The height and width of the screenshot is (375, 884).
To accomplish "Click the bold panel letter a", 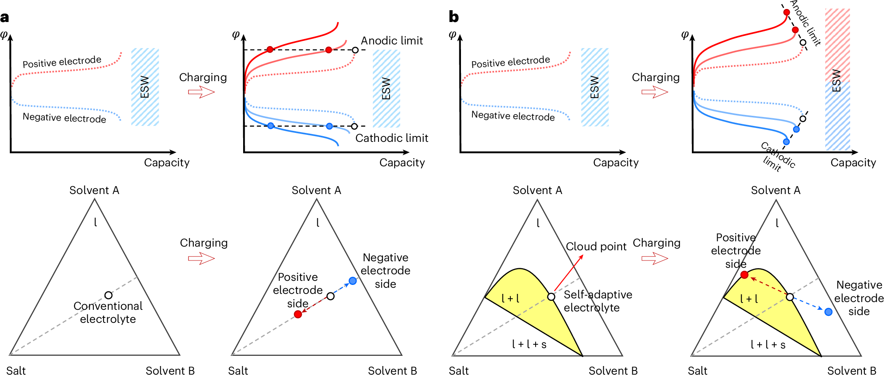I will (5, 18).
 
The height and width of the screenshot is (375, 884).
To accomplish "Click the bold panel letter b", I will (454, 17).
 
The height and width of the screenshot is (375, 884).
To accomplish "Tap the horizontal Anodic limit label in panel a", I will (392, 41).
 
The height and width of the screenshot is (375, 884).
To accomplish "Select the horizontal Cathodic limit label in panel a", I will (392, 138).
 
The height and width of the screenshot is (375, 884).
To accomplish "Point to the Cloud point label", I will (596, 247).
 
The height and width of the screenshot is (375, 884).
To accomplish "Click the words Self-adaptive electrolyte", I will (598, 301).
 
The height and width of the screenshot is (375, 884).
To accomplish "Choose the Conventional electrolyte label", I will (108, 312).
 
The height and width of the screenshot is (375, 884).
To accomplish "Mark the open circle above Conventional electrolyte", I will (108, 295).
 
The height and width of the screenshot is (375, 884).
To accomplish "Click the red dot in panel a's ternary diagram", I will (298, 314).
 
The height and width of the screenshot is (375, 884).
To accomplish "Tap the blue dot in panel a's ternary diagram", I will (353, 281).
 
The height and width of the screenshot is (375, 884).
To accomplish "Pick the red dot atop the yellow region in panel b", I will (744, 275).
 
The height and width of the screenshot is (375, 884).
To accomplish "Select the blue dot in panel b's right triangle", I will (828, 312).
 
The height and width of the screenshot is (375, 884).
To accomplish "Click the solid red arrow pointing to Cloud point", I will (568, 273).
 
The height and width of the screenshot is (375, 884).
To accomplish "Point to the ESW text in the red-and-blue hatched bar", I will (836, 80).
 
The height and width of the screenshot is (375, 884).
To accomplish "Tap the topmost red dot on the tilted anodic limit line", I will (787, 12).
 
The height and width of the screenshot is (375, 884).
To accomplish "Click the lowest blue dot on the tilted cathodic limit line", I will (786, 142).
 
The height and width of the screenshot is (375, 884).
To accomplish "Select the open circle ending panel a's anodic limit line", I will (355, 50).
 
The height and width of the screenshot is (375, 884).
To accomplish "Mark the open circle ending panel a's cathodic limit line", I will (354, 126).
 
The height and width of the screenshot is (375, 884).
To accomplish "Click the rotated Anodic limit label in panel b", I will (806, 23).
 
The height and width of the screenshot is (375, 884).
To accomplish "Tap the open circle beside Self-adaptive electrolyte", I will (551, 297).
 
